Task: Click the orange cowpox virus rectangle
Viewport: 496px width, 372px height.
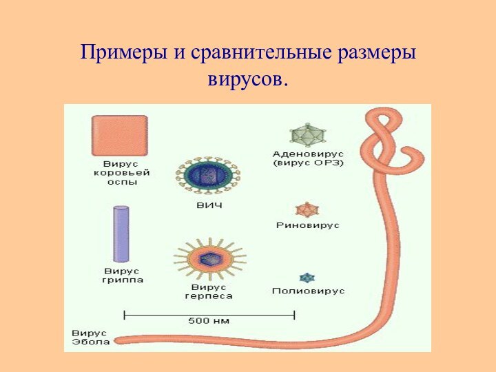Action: coord(119,136)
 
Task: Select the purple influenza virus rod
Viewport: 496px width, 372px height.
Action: coord(121,234)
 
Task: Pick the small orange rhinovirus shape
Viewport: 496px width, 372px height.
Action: coord(305,210)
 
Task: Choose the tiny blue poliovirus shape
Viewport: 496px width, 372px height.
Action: coord(307,278)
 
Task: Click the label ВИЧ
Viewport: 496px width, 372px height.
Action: coord(209,205)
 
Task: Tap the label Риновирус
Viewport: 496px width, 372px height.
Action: coord(307,225)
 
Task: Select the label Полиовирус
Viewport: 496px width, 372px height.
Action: coord(308,291)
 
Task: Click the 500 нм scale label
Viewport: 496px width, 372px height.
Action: coord(209,320)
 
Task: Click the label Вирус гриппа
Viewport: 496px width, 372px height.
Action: coord(124,276)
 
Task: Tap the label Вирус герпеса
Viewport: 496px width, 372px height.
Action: coord(208,291)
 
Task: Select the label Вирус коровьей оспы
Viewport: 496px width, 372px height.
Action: coord(121,173)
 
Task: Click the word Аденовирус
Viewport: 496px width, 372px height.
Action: coord(308,154)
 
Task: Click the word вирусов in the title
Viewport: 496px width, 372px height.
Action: coord(247,80)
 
